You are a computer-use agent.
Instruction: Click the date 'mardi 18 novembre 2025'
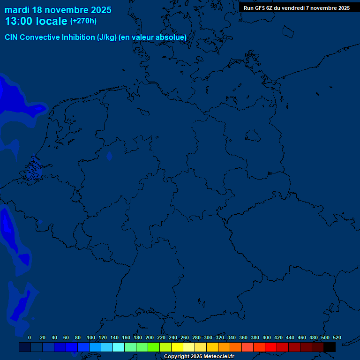[x=58, y=10]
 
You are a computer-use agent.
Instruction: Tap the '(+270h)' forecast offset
[x=83, y=21]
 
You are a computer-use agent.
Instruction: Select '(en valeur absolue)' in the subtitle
[x=153, y=37]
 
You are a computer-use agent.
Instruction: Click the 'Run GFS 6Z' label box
[x=297, y=8]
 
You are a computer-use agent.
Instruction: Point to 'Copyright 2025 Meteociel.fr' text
[x=199, y=357]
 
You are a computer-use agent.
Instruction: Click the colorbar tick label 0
[x=30, y=337]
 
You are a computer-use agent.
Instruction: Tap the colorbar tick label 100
[x=91, y=337]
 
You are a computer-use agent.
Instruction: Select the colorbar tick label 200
[x=150, y=337]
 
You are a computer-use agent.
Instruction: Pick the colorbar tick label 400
[x=267, y=337]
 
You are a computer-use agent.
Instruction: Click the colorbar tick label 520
[x=337, y=337]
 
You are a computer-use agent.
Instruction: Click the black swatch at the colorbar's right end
[x=330, y=347]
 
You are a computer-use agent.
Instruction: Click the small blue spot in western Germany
[x=109, y=157]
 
